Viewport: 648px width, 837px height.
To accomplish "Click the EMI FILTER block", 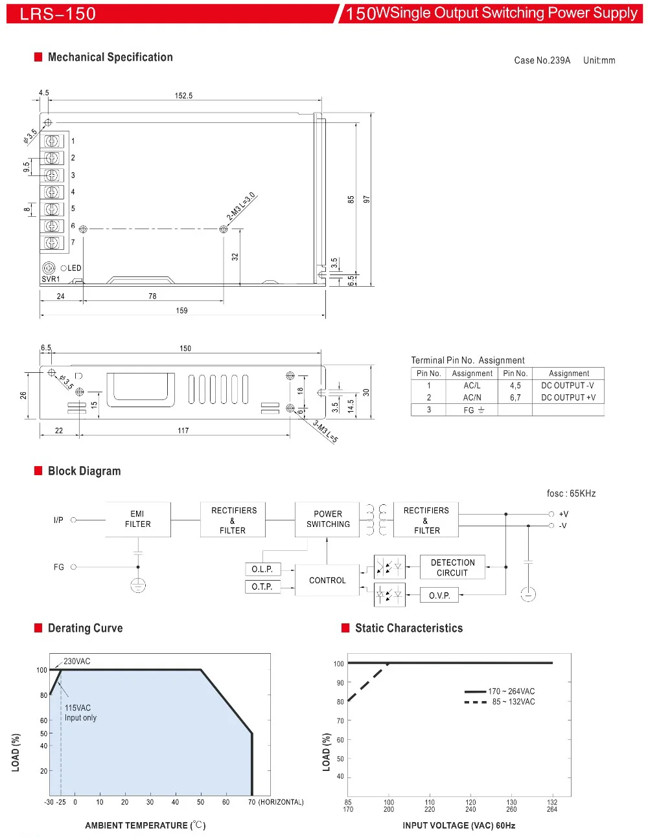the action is tap(138, 519).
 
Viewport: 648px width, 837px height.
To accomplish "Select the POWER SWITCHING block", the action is tap(327, 519).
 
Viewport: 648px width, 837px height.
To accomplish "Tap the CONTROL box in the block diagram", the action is tap(327, 580).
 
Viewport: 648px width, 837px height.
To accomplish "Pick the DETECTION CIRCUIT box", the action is tap(452, 567).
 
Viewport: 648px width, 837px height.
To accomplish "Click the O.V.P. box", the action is tap(439, 596).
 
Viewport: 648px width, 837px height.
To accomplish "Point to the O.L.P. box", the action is tap(263, 569).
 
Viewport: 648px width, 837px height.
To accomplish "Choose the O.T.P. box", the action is tap(263, 586).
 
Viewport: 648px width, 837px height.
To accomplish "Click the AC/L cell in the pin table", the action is tap(472, 386).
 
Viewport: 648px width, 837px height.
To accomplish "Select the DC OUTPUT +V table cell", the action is tap(568, 397).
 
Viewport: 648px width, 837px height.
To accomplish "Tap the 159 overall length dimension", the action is tap(182, 311).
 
